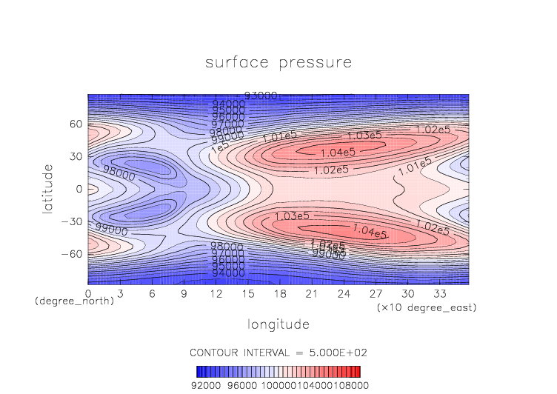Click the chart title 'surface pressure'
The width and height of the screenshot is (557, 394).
point(278,62)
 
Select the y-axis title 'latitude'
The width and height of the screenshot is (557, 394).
point(48,189)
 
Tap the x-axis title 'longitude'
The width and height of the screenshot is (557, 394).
point(278,324)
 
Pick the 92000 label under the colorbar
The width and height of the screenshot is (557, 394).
point(207,385)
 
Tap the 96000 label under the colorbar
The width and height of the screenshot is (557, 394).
point(242,385)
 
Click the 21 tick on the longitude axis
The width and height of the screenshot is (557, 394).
point(311,294)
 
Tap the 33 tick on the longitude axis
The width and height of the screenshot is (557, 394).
point(438,294)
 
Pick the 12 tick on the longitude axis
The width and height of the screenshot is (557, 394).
point(216,294)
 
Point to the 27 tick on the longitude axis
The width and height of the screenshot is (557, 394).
point(375,294)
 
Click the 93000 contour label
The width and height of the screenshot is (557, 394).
point(261,96)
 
